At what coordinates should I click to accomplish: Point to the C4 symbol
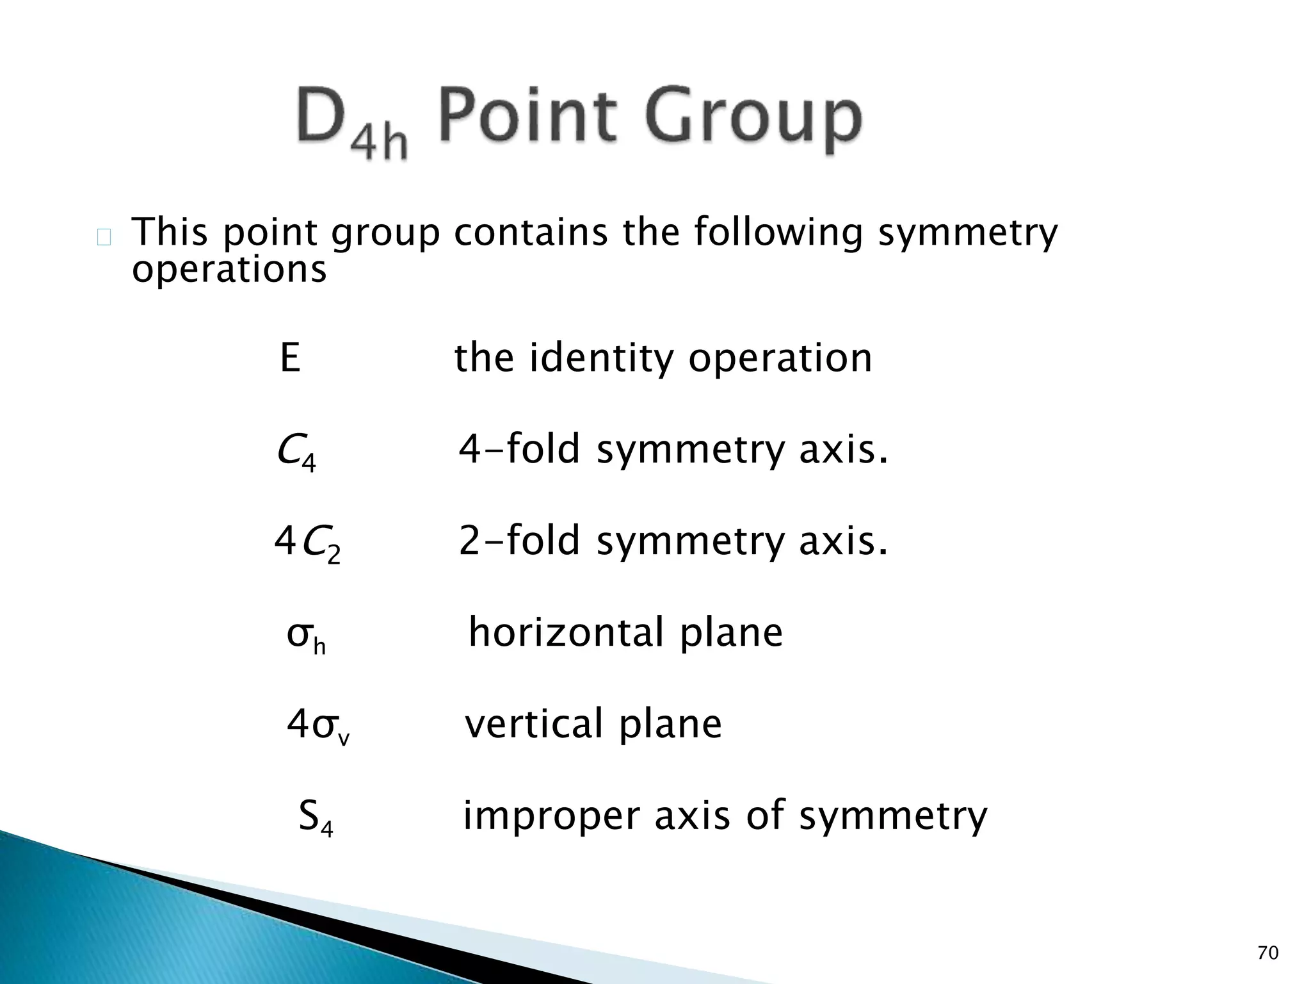(x=296, y=452)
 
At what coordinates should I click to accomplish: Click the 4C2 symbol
(x=307, y=543)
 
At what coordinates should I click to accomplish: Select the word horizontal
(x=566, y=633)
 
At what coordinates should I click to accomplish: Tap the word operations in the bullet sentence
(x=229, y=270)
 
